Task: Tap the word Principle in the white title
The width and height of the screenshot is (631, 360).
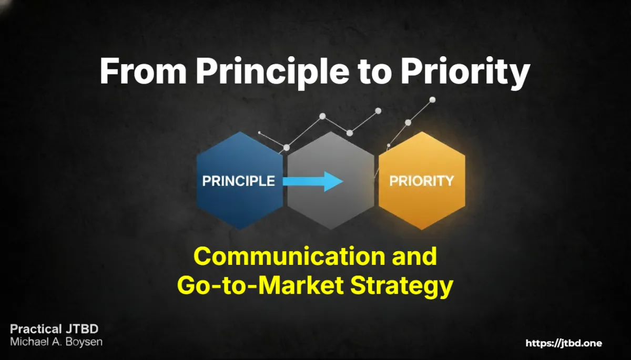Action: tap(272, 73)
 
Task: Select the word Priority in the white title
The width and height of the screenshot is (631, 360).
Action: tap(465, 73)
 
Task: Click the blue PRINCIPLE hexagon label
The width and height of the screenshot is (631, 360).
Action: tap(238, 181)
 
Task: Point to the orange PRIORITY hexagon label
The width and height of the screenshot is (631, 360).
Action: tap(421, 181)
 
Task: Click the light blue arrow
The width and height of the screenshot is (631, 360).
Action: tap(313, 181)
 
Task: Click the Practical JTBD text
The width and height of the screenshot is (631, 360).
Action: tap(54, 329)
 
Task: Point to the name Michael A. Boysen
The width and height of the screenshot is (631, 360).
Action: tap(56, 342)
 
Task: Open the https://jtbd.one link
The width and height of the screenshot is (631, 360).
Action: tap(564, 343)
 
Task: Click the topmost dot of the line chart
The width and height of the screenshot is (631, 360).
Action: tap(432, 100)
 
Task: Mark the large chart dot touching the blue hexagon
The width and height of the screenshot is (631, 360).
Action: tap(286, 148)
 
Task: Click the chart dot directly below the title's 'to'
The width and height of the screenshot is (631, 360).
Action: tap(378, 111)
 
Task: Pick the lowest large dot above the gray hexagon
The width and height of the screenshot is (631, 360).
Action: tap(350, 133)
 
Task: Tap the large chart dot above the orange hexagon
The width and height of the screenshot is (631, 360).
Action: tap(408, 122)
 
